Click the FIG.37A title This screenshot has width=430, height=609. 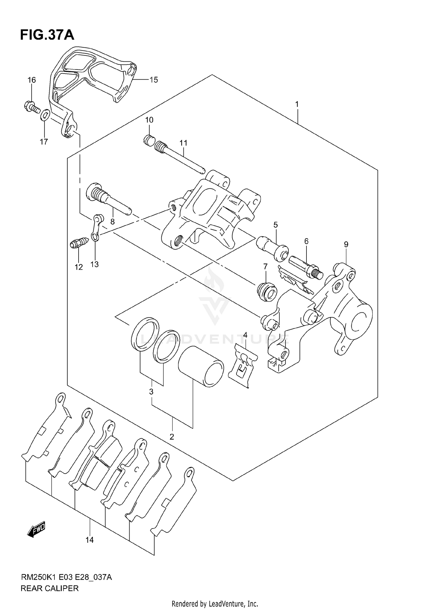47,35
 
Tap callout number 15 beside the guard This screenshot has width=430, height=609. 154,80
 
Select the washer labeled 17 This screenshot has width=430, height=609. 45,115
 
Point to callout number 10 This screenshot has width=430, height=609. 149,120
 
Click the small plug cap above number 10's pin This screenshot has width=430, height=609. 149,140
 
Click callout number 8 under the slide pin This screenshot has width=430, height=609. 112,221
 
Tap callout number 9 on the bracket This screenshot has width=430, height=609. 346,244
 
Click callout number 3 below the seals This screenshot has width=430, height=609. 151,392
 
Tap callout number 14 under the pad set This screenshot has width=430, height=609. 89,540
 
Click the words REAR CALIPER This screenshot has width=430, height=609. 50,589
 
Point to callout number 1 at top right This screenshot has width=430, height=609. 297,104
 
